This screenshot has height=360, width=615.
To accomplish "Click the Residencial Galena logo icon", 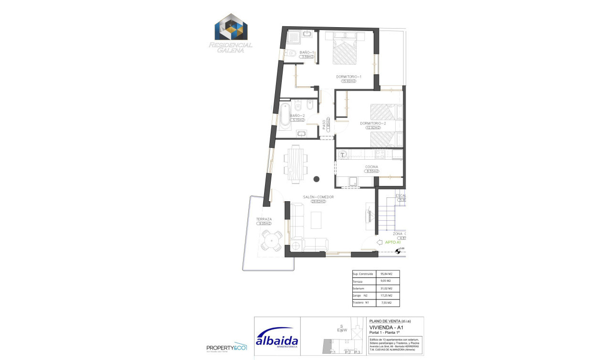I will [x=231, y=27].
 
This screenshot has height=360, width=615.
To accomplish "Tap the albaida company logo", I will [x=277, y=338].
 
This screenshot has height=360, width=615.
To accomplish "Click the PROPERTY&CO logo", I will [x=226, y=348].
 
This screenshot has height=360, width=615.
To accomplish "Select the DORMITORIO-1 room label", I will [x=348, y=77].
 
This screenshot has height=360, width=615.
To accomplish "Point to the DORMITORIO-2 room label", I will [x=373, y=123].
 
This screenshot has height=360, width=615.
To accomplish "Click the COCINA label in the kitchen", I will [x=371, y=167].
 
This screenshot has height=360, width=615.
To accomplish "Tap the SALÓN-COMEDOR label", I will [x=318, y=197].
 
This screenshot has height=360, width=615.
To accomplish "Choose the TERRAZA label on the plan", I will [x=264, y=219].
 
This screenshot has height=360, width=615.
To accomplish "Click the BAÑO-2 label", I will [x=297, y=115].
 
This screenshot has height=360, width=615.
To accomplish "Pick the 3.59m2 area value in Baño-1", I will [x=307, y=57].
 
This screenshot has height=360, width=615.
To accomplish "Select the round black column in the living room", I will [x=316, y=179].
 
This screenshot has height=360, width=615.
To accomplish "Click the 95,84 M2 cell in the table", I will [x=386, y=274].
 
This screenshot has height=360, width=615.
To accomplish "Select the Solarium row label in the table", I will [x=359, y=288].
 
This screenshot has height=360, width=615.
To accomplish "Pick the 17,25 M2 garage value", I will [x=386, y=296].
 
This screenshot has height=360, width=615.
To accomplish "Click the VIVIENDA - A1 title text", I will [x=387, y=328].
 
